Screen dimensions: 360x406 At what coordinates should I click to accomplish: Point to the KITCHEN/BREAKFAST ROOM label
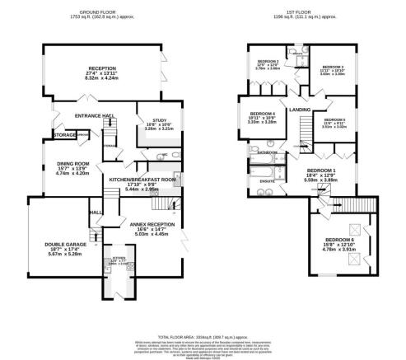(x=138, y=179)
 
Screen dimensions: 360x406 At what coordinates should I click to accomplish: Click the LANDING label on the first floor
(x=300, y=109)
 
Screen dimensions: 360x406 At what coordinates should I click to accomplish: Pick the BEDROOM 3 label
(x=332, y=67)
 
